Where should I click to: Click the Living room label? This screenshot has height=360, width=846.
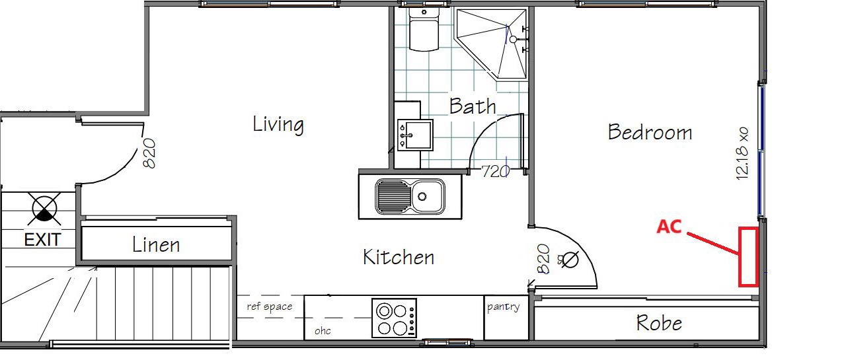click(278, 125)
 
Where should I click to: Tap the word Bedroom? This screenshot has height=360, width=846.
click(650, 132)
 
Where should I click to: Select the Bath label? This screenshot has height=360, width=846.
click(473, 106)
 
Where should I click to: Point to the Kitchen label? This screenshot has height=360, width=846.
click(399, 257)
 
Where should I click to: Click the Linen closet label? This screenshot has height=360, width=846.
click(156, 244)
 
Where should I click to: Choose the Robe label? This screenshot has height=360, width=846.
click(659, 323)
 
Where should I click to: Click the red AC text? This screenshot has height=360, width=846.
click(669, 227)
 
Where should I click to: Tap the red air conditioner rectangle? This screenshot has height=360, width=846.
click(748, 256)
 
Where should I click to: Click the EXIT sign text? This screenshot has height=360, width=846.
click(42, 240)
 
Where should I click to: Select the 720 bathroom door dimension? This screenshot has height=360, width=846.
click(496, 172)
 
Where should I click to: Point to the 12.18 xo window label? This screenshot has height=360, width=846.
click(742, 154)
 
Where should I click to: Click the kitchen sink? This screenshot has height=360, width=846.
click(410, 197)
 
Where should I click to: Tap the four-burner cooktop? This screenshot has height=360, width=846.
click(395, 318)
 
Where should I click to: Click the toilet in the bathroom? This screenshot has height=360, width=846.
click(424, 30)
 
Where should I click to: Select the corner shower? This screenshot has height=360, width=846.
click(492, 44)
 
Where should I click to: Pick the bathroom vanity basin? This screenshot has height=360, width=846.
click(414, 135)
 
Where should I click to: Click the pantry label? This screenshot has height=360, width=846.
click(503, 306)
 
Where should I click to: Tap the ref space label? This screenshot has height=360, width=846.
click(269, 306)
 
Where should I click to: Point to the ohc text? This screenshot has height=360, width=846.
click(323, 331)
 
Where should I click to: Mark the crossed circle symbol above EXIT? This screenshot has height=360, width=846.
click(44, 209)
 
